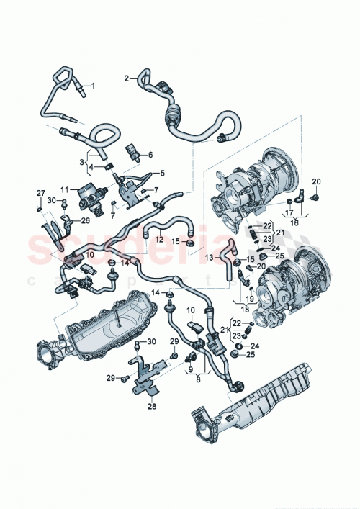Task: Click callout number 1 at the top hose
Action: coord(91,85)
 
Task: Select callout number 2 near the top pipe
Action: coord(126,78)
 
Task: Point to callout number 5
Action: coord(162,173)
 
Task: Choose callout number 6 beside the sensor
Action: coord(150,155)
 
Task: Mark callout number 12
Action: coord(160,239)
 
